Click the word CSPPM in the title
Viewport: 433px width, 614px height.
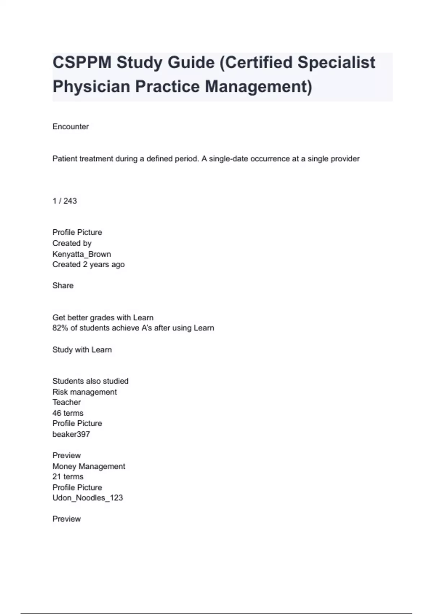click(x=82, y=62)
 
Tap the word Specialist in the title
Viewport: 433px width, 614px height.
click(x=336, y=62)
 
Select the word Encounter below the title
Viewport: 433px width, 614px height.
click(x=70, y=127)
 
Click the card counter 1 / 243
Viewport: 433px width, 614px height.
click(x=65, y=201)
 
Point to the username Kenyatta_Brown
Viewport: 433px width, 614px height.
click(x=82, y=254)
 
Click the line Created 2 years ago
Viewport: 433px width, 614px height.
click(x=88, y=265)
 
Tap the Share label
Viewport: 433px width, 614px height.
click(x=63, y=286)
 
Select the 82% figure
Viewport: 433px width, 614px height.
click(x=60, y=328)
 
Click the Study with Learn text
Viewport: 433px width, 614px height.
click(x=82, y=350)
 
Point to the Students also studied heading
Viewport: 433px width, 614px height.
click(x=90, y=381)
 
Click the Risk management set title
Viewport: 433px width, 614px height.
click(x=84, y=392)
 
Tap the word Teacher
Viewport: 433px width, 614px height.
click(x=66, y=402)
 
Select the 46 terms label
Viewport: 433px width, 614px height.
click(x=68, y=413)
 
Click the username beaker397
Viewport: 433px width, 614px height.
click(x=71, y=434)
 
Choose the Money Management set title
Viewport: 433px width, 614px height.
click(x=89, y=467)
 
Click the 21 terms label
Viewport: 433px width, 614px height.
click(x=68, y=477)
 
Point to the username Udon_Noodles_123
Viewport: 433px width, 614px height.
click(x=88, y=498)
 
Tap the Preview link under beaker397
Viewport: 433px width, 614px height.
click(x=66, y=456)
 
